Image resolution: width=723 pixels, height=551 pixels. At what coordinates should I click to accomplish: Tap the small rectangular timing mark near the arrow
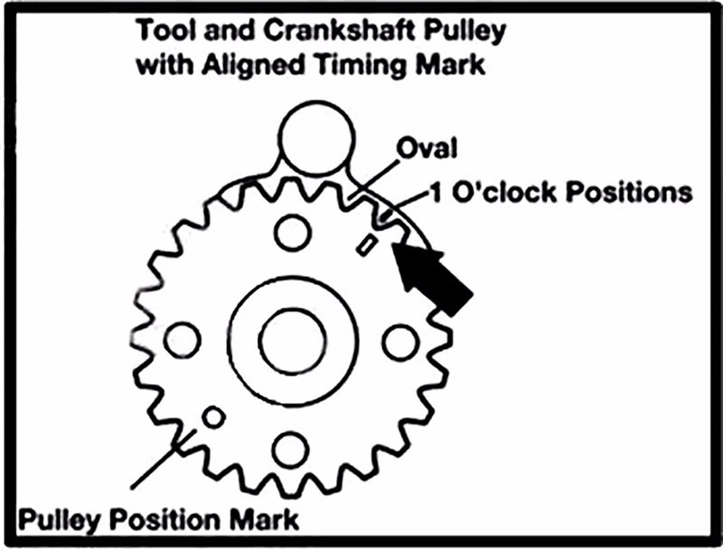pyautogui.click(x=367, y=245)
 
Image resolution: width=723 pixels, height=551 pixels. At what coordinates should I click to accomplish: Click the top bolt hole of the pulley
pyautogui.click(x=293, y=233)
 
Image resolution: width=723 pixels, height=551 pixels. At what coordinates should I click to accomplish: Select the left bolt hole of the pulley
pyautogui.click(x=182, y=340)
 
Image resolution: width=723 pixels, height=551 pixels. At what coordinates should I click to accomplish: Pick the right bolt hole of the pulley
pyautogui.click(x=400, y=341)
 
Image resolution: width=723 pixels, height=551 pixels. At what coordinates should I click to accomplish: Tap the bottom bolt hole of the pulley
pyautogui.click(x=291, y=450)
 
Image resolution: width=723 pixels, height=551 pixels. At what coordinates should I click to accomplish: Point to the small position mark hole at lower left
pyautogui.click(x=213, y=417)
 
